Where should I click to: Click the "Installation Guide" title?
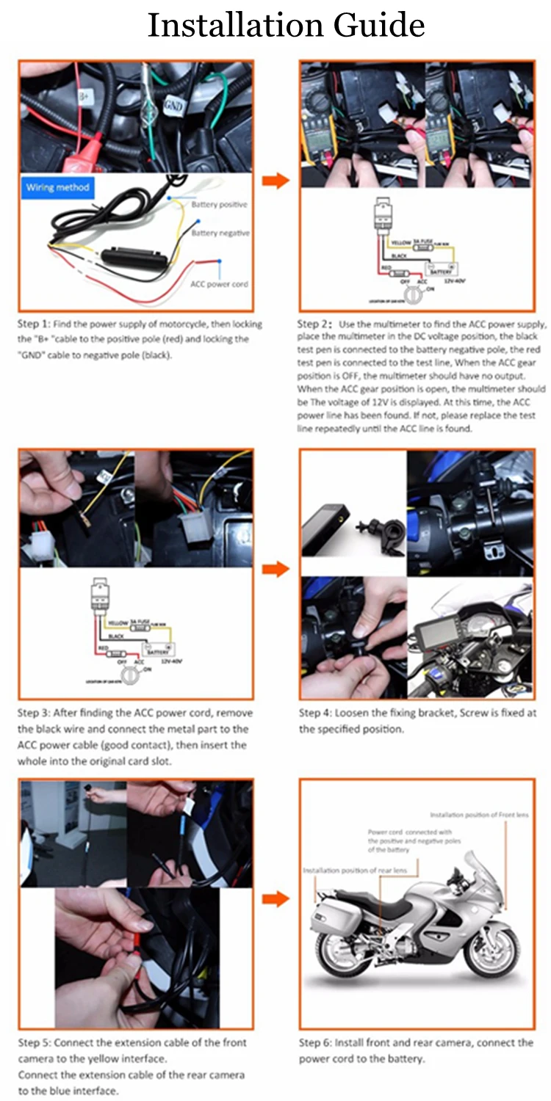286,26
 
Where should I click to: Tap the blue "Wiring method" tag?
58,187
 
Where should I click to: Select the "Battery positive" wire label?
219,205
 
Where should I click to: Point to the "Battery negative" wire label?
220,233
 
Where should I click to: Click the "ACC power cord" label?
219,284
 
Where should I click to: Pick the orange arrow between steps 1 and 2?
276,181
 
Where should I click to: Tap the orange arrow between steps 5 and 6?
276,900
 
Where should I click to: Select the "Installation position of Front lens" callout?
478,815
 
